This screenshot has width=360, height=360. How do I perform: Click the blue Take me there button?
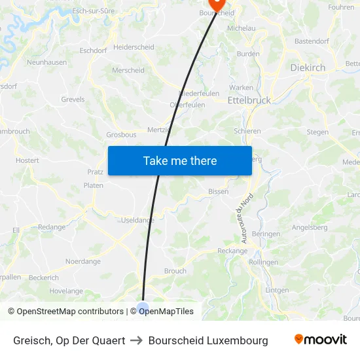180,160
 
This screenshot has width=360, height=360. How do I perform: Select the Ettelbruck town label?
249,101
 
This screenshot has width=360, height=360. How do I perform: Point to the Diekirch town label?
307,67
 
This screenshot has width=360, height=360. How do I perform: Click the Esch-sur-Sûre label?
93,11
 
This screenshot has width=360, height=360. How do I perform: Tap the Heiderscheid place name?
134,47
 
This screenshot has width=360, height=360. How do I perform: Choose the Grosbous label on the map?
121,135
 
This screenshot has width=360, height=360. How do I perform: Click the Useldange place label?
137,220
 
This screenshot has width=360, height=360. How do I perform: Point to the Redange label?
52,227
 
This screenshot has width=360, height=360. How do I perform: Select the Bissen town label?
218,192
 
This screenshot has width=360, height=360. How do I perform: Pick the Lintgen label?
277,290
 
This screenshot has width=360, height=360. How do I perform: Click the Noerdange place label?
83,261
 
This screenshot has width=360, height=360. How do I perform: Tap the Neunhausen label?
46,62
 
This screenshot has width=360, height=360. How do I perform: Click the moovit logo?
320,340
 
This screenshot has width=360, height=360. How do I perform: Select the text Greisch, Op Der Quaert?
69,340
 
